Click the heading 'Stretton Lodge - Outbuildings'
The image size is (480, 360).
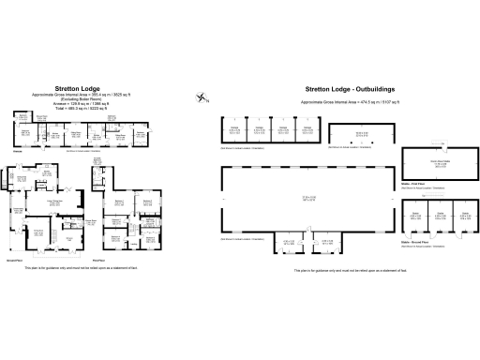tap(349, 91)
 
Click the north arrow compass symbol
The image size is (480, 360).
tap(202, 96)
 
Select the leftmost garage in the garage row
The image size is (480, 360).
tap(235, 131)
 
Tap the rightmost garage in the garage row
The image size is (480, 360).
tap(308, 131)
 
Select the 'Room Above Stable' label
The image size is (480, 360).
tap(439, 163)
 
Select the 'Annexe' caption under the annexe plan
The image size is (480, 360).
tap(16, 152)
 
